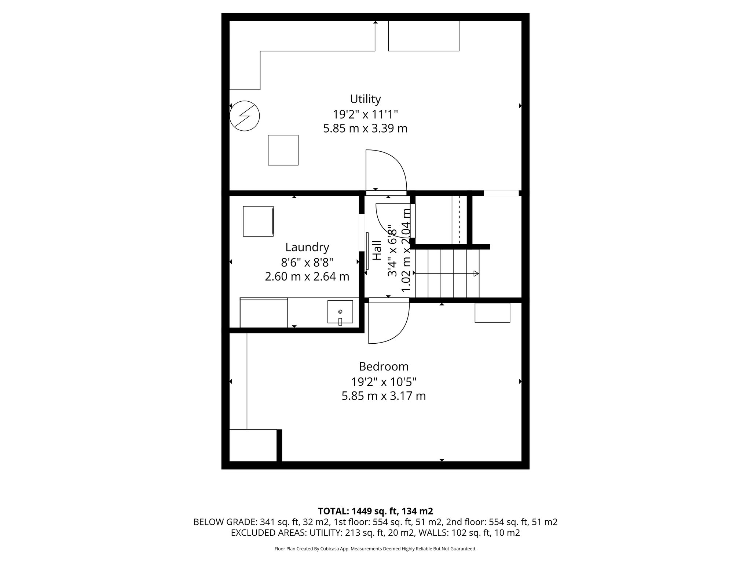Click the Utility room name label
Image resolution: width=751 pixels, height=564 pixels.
365,99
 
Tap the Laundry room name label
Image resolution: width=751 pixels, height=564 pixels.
307,247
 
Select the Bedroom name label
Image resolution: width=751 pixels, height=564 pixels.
384,366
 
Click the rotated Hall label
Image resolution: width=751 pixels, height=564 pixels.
377,250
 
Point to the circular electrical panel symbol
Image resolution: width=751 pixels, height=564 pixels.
245,116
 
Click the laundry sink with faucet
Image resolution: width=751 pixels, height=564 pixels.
340,312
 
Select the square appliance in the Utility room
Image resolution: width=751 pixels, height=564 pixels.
283,150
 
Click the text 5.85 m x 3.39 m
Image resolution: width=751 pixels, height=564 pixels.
365,129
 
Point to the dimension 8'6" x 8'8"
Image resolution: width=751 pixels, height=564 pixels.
307,262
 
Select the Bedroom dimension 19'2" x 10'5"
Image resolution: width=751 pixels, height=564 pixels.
384,382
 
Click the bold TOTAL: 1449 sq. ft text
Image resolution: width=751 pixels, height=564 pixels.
375,511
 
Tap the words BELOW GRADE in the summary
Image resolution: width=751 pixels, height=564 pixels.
225,522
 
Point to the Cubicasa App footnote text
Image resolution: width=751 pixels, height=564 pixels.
375,549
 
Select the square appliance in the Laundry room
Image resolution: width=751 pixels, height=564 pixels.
258,221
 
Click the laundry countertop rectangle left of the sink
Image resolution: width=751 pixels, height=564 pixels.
264,312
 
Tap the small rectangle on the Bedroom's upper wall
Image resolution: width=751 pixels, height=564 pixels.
492,312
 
